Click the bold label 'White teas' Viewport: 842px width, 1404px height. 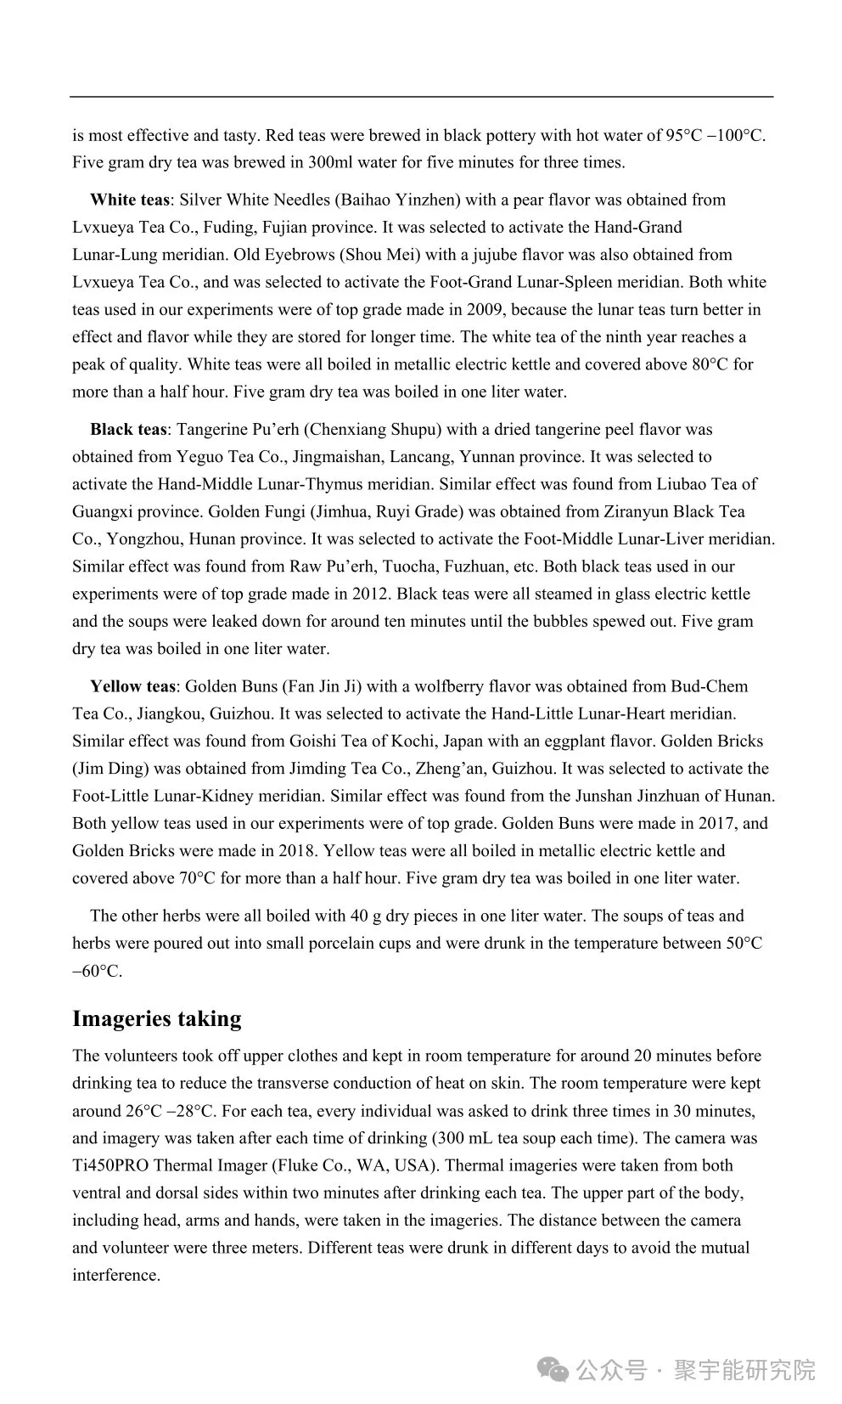click(129, 200)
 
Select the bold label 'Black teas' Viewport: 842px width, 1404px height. click(129, 430)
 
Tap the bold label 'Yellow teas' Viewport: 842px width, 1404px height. click(132, 686)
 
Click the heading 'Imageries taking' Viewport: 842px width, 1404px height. click(157, 1018)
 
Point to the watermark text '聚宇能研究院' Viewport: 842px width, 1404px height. click(744, 1371)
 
